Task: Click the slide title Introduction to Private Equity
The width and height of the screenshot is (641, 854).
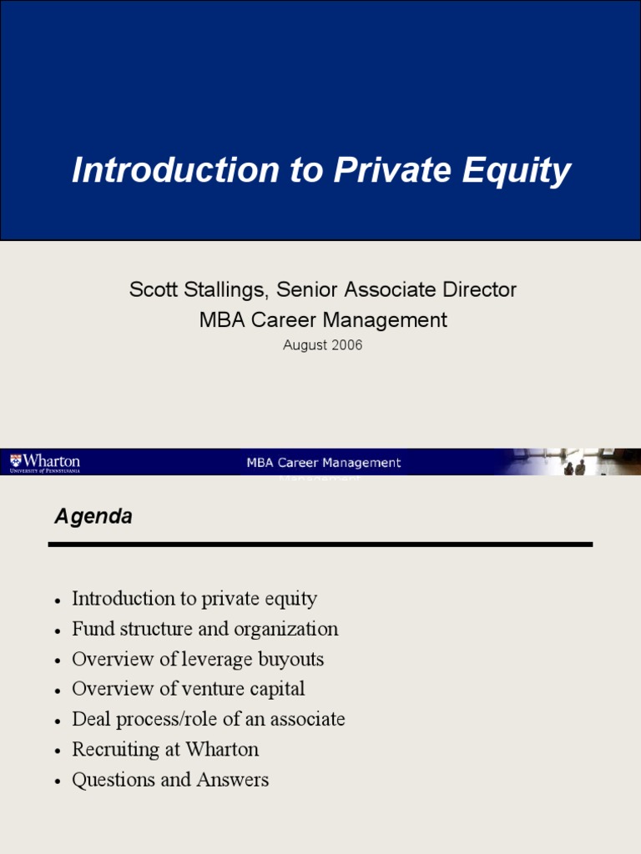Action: click(x=321, y=171)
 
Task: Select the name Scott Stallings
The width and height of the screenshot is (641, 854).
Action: click(x=196, y=290)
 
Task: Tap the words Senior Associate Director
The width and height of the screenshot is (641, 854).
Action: click(x=396, y=290)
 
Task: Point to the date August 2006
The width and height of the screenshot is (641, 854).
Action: click(x=322, y=344)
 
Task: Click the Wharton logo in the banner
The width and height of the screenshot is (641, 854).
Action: click(x=45, y=462)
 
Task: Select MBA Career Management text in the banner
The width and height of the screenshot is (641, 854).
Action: click(x=323, y=463)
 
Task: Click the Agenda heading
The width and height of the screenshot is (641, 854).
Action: click(x=93, y=517)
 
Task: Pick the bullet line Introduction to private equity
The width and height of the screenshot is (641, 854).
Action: click(x=194, y=599)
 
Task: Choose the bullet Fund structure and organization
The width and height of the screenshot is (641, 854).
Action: click(x=204, y=629)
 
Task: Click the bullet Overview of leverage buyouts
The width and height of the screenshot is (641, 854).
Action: click(x=198, y=659)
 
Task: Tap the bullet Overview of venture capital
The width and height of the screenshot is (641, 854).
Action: click(x=188, y=689)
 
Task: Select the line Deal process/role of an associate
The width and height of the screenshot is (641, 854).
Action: click(x=208, y=719)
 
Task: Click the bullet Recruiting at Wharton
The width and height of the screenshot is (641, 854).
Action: click(x=165, y=749)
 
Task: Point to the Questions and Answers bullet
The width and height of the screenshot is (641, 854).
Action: click(x=170, y=780)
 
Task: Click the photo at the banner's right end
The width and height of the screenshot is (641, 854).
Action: click(x=576, y=462)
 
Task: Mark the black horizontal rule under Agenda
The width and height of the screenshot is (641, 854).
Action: click(x=320, y=544)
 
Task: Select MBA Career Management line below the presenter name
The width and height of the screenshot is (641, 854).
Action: click(x=323, y=319)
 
